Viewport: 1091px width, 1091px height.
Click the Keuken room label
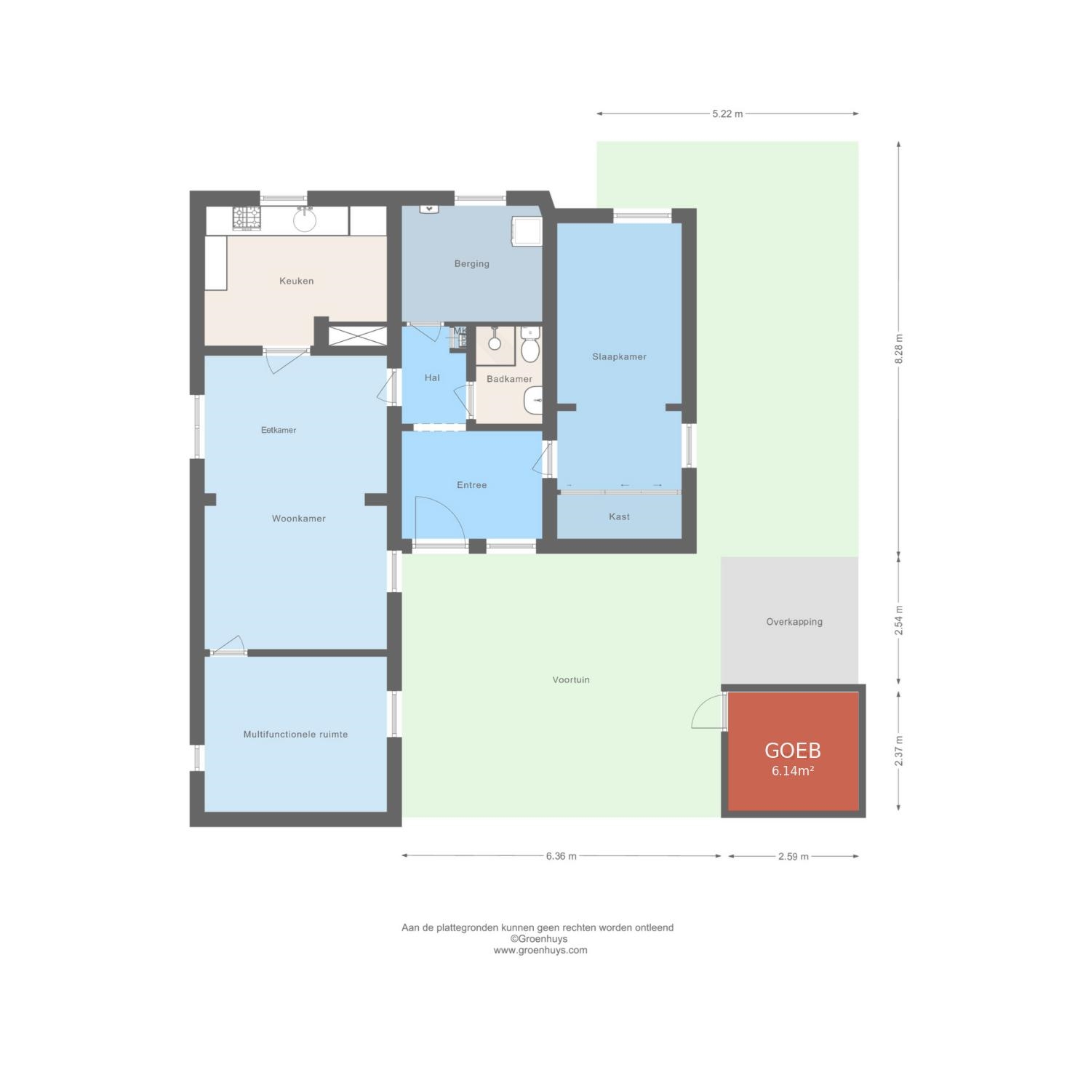(x=296, y=281)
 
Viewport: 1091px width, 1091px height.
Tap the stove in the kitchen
(x=247, y=218)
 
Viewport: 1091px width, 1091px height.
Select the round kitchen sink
(x=305, y=218)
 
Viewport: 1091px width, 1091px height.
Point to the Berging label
(x=471, y=264)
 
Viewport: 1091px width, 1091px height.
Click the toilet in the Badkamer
(x=531, y=346)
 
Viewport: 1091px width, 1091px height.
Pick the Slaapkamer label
(x=619, y=356)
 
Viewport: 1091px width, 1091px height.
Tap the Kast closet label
(x=619, y=516)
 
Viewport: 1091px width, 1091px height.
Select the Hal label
(x=432, y=377)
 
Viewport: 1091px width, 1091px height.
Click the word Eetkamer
(x=279, y=430)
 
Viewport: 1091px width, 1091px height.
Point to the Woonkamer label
(x=298, y=519)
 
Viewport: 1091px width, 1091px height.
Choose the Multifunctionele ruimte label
(x=295, y=735)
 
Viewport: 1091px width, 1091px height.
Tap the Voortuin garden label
(x=571, y=680)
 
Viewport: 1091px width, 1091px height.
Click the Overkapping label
(x=794, y=622)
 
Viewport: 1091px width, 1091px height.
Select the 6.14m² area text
(x=793, y=771)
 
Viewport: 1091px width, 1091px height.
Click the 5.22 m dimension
(x=727, y=113)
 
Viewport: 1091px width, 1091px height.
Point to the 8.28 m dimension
(x=899, y=349)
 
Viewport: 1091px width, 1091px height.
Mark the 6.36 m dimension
(x=561, y=856)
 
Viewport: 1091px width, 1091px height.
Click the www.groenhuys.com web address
(x=540, y=950)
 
